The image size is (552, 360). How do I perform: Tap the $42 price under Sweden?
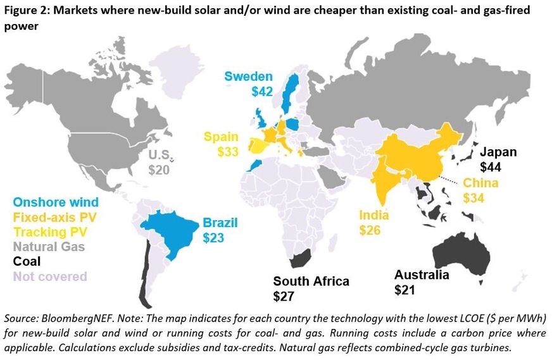click(x=261, y=92)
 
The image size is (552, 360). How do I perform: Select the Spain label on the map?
click(x=222, y=137)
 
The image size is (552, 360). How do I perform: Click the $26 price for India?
click(x=370, y=230)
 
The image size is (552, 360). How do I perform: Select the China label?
click(x=480, y=183)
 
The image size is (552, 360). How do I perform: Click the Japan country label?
click(x=498, y=152)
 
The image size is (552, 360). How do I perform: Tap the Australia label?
click(x=422, y=275)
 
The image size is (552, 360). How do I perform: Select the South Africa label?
click(x=311, y=281)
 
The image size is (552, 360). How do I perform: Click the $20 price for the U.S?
click(x=160, y=170)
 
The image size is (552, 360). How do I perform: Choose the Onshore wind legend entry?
click(x=56, y=202)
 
